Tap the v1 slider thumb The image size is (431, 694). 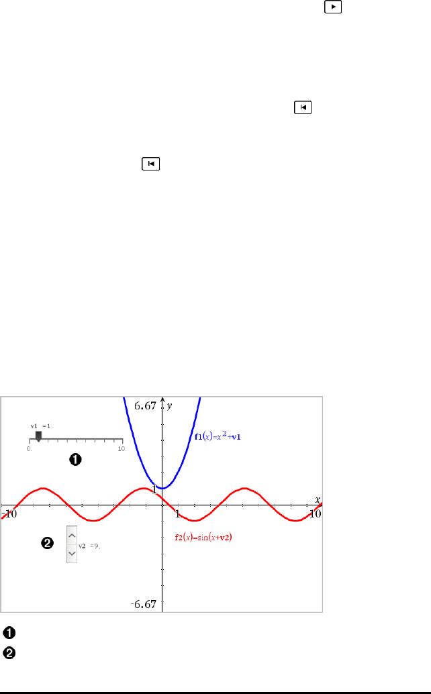click(x=39, y=436)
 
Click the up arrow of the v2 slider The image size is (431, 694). click(x=72, y=538)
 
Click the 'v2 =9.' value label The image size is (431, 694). click(x=89, y=546)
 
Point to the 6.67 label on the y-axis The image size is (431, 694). click(x=145, y=406)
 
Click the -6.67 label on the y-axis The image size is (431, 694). click(x=144, y=604)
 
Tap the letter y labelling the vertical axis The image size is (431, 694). click(x=170, y=406)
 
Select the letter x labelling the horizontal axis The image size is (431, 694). click(x=318, y=499)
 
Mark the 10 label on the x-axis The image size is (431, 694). click(x=314, y=513)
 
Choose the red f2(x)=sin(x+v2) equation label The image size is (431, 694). click(x=209, y=537)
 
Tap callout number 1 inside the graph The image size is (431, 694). click(x=75, y=459)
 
